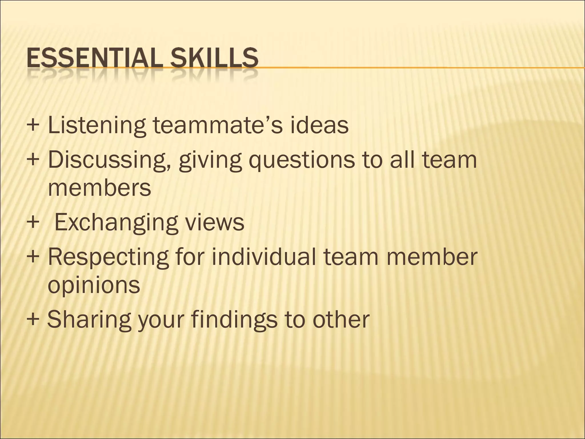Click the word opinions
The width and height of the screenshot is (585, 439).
click(x=94, y=285)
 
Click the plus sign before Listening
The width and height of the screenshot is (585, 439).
click(x=33, y=125)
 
